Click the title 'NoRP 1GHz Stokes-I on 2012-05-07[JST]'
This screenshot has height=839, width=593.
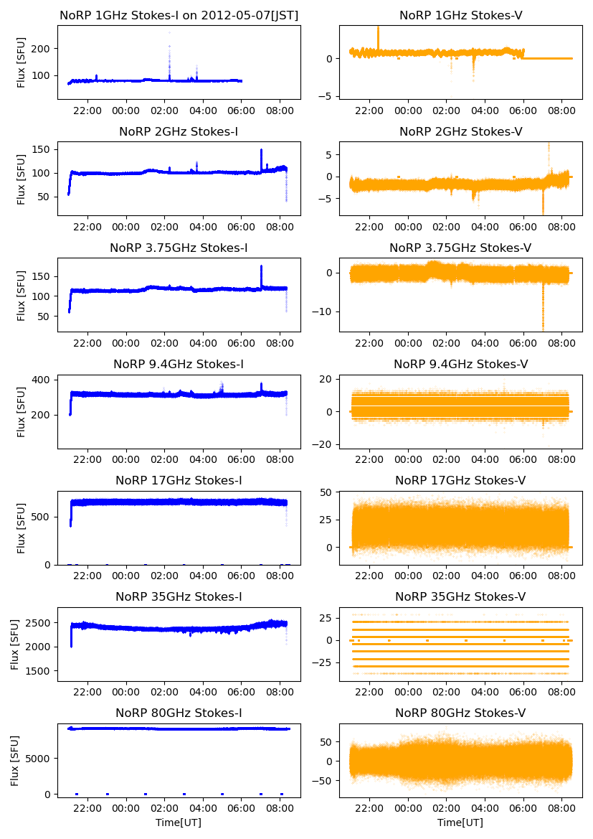click(x=179, y=15)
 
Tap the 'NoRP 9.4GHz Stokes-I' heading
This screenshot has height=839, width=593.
click(x=179, y=364)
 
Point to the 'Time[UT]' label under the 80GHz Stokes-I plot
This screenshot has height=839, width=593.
click(x=179, y=822)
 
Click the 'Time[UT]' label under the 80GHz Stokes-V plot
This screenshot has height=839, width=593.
click(x=460, y=822)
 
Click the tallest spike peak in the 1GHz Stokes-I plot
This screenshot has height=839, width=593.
click(x=169, y=32)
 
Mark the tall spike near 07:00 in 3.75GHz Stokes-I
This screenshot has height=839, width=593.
click(x=261, y=266)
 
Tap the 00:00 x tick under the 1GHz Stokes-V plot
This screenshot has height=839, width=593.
click(x=408, y=111)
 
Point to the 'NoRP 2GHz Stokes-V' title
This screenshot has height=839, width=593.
click(x=460, y=131)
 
